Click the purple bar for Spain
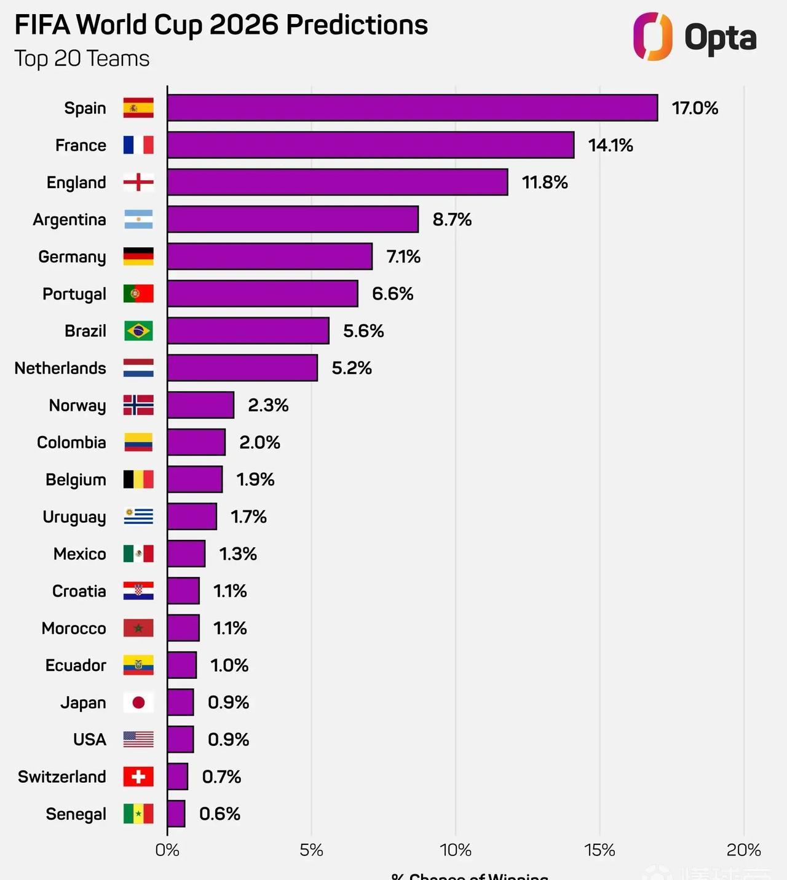click(412, 108)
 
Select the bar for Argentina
click(293, 220)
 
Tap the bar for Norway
click(200, 405)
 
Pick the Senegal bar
click(176, 814)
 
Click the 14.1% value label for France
click(610, 145)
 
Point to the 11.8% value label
click(545, 183)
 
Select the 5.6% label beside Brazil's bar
click(363, 331)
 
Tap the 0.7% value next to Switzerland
click(221, 777)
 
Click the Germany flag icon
click(138, 256)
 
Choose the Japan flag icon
click(138, 702)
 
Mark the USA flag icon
click(138, 739)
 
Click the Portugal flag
click(138, 294)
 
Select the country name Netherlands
click(60, 368)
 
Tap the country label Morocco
click(74, 628)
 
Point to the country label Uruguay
click(74, 517)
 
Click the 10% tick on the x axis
click(456, 850)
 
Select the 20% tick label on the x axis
click(743, 850)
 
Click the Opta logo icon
click(652, 36)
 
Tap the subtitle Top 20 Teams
click(82, 59)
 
